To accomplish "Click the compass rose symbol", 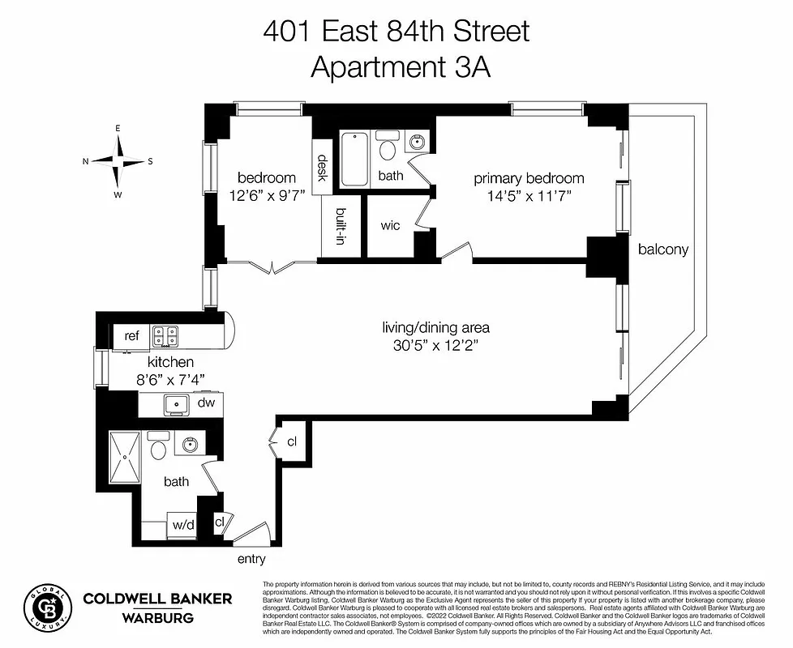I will tap(118, 160).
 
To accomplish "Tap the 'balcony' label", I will tap(662, 249).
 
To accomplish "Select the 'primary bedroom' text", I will tap(529, 179).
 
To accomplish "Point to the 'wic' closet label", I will tap(390, 225).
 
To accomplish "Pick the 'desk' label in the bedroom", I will tap(322, 168).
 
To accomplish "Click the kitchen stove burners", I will tap(167, 335).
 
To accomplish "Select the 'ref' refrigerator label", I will tap(131, 336).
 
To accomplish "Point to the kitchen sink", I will tap(174, 403).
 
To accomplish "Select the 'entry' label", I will tap(251, 559).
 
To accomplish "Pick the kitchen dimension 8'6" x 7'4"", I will tap(169, 379).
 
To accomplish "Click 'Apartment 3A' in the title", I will tap(401, 66).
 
